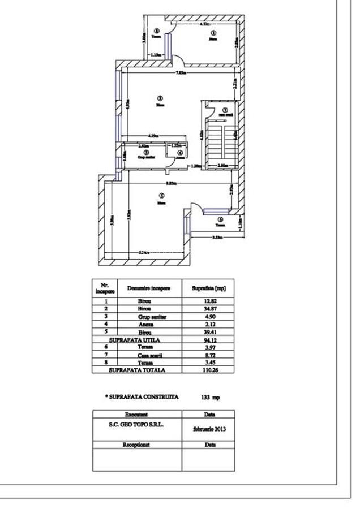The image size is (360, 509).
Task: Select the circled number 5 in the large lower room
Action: pyautogui.click(x=161, y=196)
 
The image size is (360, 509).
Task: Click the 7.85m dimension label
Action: pyautogui.click(x=180, y=73)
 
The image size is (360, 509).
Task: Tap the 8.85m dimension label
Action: pyautogui.click(x=170, y=183)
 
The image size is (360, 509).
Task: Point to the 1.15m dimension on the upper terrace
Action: pyautogui.click(x=157, y=54)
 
